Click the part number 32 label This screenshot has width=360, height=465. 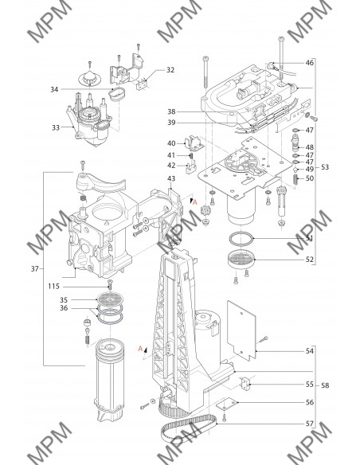[x=170, y=70]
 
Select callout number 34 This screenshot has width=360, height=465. [x=54, y=89]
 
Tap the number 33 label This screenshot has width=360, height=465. [x=56, y=127]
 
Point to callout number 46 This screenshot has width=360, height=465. [x=309, y=63]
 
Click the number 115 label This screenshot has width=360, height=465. [x=53, y=286]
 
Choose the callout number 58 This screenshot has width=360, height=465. [x=325, y=385]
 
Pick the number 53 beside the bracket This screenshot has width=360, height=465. [x=325, y=167]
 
